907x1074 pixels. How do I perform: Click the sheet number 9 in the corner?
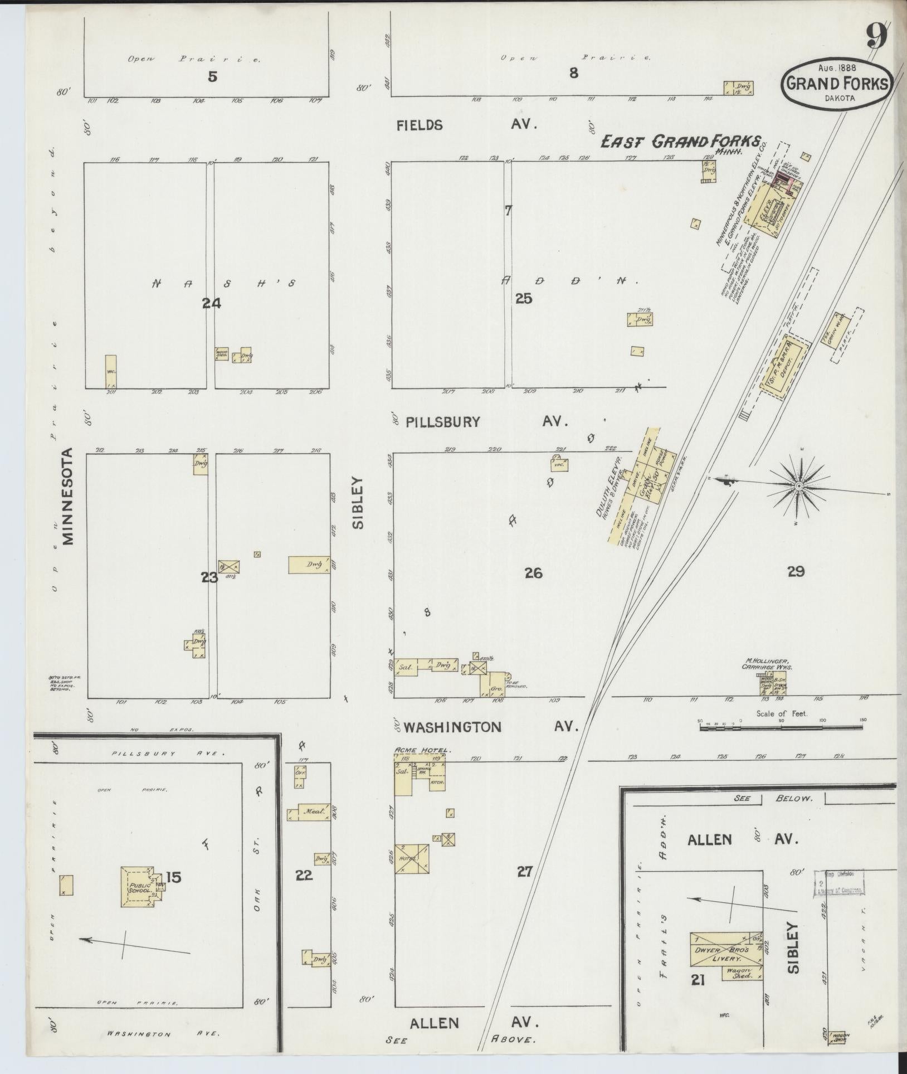click(x=876, y=38)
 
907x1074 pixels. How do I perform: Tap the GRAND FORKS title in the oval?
click(x=837, y=84)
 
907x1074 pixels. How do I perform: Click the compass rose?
click(x=799, y=487)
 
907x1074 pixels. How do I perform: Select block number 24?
click(x=212, y=303)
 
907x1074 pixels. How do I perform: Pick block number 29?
click(x=796, y=571)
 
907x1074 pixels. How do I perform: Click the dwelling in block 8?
click(x=739, y=88)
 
